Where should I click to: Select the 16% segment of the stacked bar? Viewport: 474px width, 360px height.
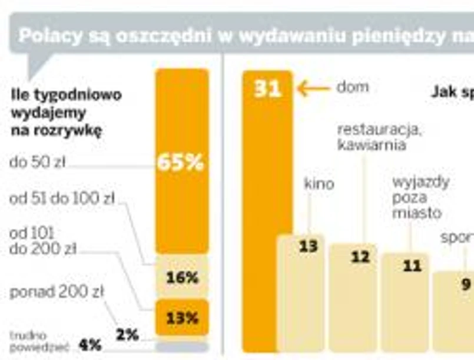tap(181, 276)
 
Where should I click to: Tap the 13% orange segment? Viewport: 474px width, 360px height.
tap(181, 318)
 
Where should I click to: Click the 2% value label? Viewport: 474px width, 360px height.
tap(127, 334)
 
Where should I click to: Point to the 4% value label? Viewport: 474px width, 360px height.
tap(90, 345)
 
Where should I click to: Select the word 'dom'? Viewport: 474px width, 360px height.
tap(352, 87)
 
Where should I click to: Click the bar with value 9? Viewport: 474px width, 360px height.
tap(455, 312)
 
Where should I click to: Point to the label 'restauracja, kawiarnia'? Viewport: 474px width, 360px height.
tap(372, 137)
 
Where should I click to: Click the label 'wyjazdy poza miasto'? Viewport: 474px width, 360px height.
tap(420, 197)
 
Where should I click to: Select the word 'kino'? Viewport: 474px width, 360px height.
tap(319, 184)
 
